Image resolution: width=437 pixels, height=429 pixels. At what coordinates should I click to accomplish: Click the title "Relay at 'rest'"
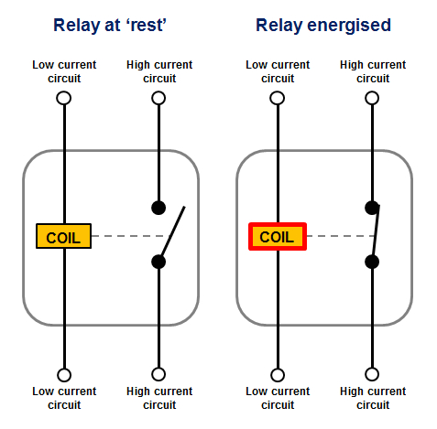click(x=111, y=26)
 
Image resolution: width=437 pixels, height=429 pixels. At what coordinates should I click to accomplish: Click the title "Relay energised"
click(x=323, y=26)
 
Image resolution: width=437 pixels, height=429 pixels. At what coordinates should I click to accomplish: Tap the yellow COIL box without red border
click(x=63, y=237)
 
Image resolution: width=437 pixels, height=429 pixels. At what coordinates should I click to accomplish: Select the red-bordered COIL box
click(x=278, y=237)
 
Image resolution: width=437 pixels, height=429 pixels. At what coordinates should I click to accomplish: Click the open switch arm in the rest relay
click(x=173, y=232)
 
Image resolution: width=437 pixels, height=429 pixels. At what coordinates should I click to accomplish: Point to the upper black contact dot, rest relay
click(x=158, y=208)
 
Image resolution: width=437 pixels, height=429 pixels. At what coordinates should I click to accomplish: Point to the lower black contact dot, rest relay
click(x=158, y=262)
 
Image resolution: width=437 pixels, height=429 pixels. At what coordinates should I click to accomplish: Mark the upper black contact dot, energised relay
click(x=372, y=208)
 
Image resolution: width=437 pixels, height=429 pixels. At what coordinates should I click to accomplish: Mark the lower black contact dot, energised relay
click(x=372, y=262)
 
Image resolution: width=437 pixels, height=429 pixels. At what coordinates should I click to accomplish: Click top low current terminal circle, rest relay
click(x=63, y=97)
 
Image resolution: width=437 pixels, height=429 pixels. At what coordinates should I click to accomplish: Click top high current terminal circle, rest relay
click(x=158, y=97)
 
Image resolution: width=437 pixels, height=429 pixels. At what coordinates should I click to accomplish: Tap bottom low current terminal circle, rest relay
click(x=63, y=374)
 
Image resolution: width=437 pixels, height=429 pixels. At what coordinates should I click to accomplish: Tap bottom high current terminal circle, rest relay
click(x=158, y=374)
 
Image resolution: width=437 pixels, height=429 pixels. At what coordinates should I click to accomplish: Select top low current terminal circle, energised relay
click(x=277, y=97)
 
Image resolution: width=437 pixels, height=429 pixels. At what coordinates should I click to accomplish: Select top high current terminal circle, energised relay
click(x=372, y=97)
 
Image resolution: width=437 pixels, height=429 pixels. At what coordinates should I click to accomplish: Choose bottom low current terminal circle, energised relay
click(x=277, y=374)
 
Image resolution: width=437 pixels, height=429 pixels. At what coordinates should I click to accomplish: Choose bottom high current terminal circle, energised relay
click(x=372, y=374)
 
